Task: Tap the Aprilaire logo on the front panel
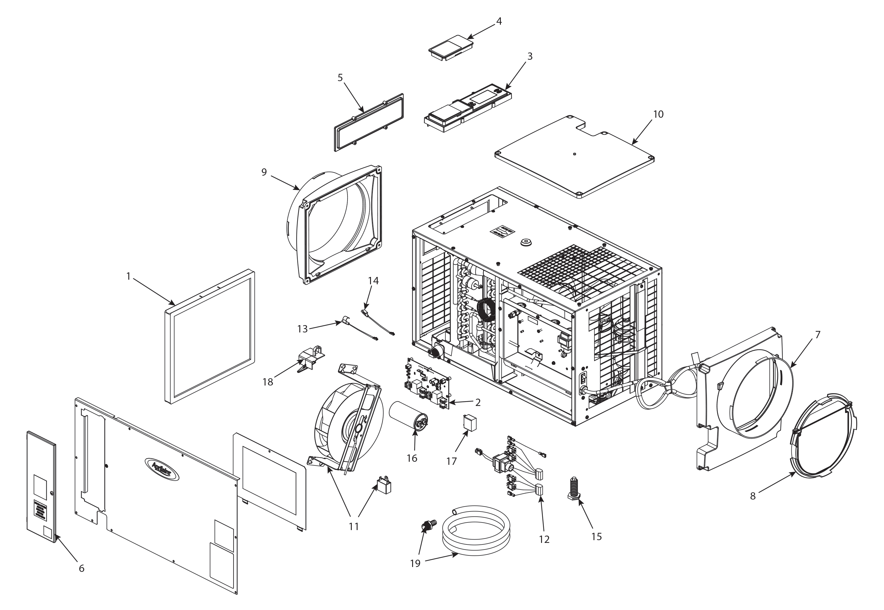161,469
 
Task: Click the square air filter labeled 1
210,336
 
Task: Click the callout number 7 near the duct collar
818,335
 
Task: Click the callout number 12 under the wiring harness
544,539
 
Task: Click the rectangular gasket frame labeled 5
369,122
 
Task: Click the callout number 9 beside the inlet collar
264,172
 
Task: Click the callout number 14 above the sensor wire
373,281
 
